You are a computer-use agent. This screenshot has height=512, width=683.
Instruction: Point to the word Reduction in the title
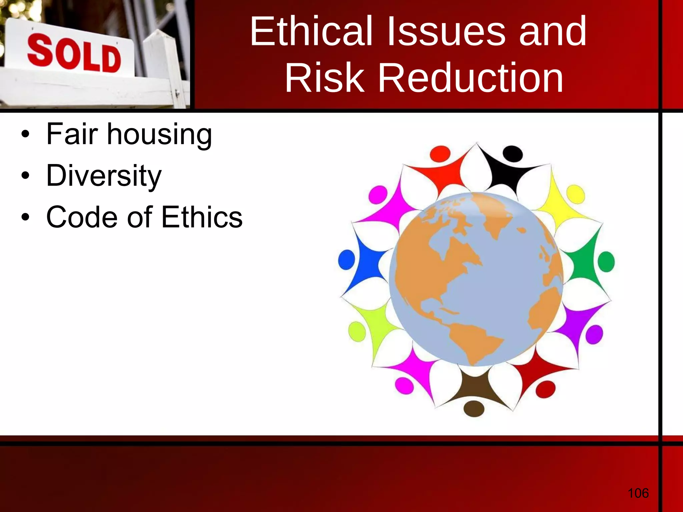(x=471, y=79)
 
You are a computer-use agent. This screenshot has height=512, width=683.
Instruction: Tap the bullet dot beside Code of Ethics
(x=25, y=217)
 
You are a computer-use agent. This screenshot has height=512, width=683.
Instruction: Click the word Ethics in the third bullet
(x=202, y=217)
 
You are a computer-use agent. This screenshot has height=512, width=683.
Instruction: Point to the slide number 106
(x=638, y=493)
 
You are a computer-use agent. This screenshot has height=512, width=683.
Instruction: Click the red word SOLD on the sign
(x=74, y=54)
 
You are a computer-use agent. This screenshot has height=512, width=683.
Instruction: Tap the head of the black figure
(x=513, y=154)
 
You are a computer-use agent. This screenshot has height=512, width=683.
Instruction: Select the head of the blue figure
(x=347, y=260)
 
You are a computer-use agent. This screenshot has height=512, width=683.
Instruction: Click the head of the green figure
(x=606, y=262)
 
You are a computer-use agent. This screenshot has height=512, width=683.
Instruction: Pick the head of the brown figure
(x=474, y=408)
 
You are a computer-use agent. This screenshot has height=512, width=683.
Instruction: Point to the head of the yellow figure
(x=576, y=194)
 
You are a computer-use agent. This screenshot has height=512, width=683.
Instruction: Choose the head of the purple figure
(x=594, y=334)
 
